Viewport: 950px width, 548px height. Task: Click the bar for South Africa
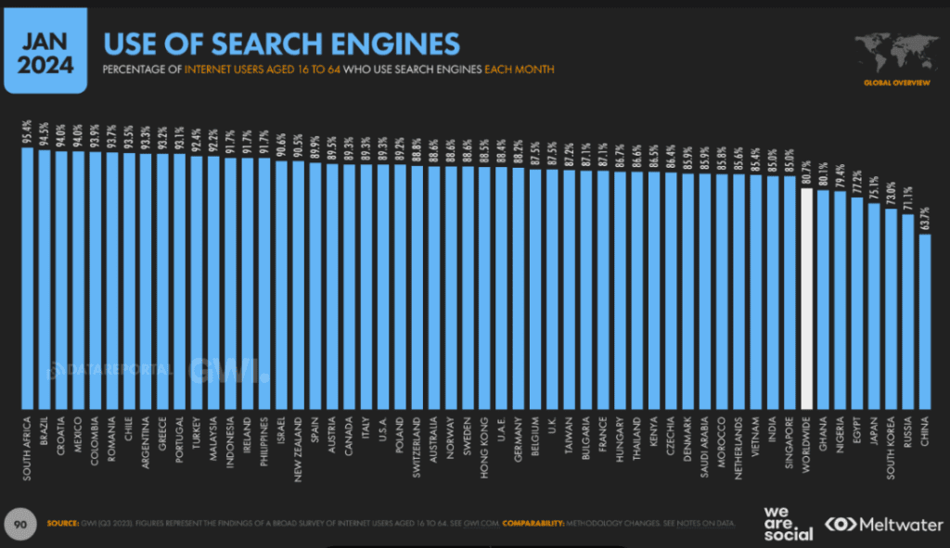point(27,278)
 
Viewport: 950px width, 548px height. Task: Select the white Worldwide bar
point(806,297)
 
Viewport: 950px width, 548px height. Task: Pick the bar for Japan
point(874,306)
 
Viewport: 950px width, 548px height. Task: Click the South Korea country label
point(891,446)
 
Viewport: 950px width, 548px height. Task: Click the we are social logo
point(788,523)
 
